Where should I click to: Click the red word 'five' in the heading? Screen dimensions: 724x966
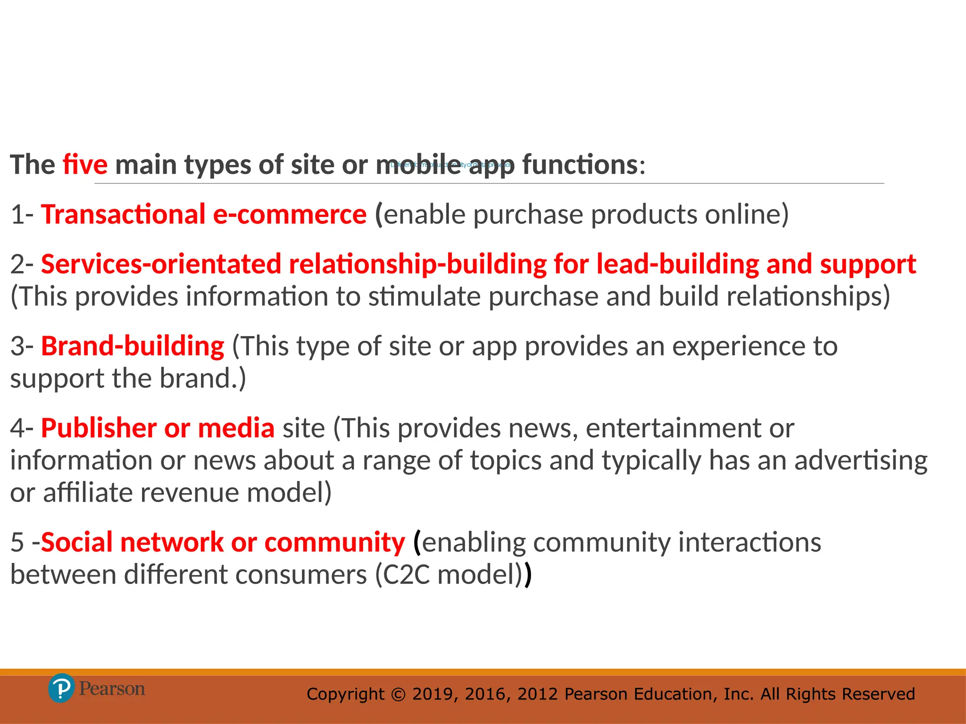(x=85, y=165)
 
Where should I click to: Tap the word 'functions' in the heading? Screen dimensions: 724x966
(x=580, y=165)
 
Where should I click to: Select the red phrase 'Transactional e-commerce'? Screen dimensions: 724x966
(x=204, y=214)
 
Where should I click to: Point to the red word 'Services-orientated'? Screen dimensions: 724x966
(x=161, y=264)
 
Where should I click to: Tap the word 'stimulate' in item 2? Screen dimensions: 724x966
(x=424, y=297)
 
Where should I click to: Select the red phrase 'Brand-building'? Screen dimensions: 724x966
(x=133, y=346)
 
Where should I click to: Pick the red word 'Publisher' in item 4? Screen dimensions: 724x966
(x=99, y=428)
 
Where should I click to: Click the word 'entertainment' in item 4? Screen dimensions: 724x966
(x=673, y=428)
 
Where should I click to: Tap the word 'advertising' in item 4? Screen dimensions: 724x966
(x=861, y=461)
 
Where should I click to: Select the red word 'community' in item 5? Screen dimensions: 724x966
(x=334, y=543)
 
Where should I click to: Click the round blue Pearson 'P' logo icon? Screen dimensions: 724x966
(x=61, y=689)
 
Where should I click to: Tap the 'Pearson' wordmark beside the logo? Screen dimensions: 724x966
(x=112, y=689)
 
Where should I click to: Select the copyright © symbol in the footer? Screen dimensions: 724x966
(x=398, y=694)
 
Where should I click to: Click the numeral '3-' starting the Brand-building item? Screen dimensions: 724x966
(x=22, y=346)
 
